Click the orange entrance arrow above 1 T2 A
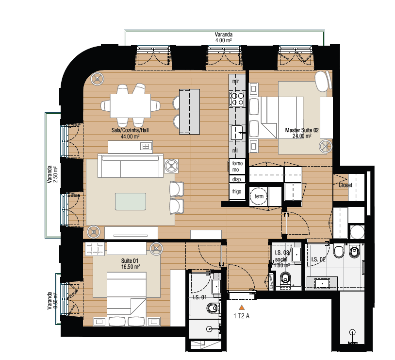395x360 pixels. point(241,307)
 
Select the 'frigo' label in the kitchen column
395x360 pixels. point(236,191)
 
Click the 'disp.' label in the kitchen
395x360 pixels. point(236,179)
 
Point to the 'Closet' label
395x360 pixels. point(346,185)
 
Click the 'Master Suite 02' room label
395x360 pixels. point(301,130)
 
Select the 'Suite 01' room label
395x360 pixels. point(131,261)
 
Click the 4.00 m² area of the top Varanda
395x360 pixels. point(223,40)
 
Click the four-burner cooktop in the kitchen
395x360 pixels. point(237,99)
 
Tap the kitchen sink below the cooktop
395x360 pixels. point(237,132)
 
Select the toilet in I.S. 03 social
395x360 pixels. point(285,278)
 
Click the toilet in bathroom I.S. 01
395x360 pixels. point(212,309)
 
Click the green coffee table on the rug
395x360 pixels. point(130,201)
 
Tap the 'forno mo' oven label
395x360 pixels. point(236,167)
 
